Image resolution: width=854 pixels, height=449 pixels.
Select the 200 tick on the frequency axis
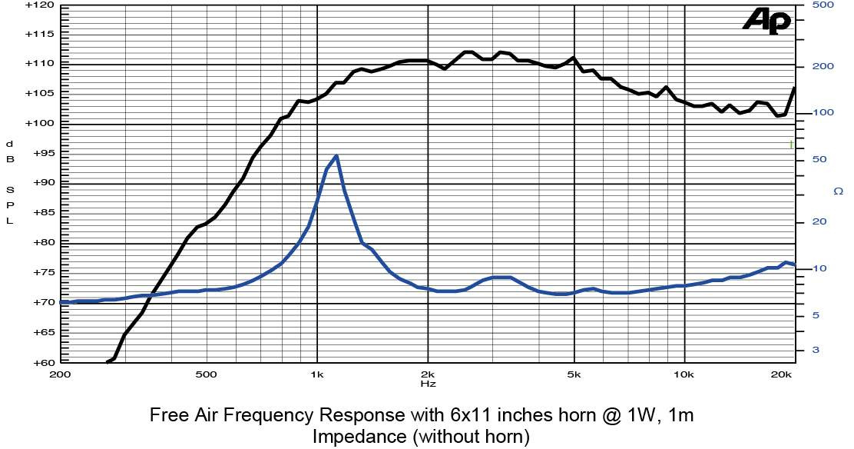coord(60,375)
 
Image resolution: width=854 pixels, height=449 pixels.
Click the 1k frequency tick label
coord(317,375)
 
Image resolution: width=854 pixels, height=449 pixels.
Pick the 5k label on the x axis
coord(574,375)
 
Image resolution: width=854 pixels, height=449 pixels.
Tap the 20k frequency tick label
coord(782,375)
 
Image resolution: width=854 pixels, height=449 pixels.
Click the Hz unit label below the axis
coord(428,383)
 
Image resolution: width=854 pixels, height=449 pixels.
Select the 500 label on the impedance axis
coord(823,5)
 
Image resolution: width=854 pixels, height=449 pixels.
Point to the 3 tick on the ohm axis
coord(816,350)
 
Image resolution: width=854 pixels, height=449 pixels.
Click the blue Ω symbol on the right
coord(838,191)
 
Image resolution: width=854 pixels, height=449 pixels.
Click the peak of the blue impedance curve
coord(336,156)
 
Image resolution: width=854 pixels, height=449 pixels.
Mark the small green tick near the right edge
coord(791,145)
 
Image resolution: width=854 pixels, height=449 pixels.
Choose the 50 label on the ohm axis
coord(820,159)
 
